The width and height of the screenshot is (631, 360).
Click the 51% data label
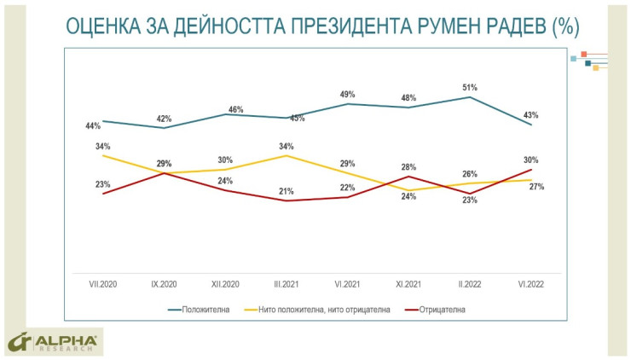coord(470,87)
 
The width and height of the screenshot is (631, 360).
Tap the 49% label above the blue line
coord(347,94)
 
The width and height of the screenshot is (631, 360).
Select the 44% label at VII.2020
coord(93,126)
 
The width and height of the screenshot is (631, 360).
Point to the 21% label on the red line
coord(287,191)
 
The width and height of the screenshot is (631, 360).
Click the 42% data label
coord(164,119)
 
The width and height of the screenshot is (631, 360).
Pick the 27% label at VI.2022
coord(537,187)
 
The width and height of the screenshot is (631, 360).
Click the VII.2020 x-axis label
coord(102,284)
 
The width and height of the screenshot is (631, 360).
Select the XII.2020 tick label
coord(225,284)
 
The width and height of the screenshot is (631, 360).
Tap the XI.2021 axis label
coord(408,284)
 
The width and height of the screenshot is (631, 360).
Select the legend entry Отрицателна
coord(442,309)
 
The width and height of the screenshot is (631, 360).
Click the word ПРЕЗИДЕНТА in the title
coord(339,27)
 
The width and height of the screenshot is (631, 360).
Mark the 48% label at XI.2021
coord(408,97)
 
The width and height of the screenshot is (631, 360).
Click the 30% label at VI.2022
coord(530,160)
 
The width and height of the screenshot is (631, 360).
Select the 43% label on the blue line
coord(530,115)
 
